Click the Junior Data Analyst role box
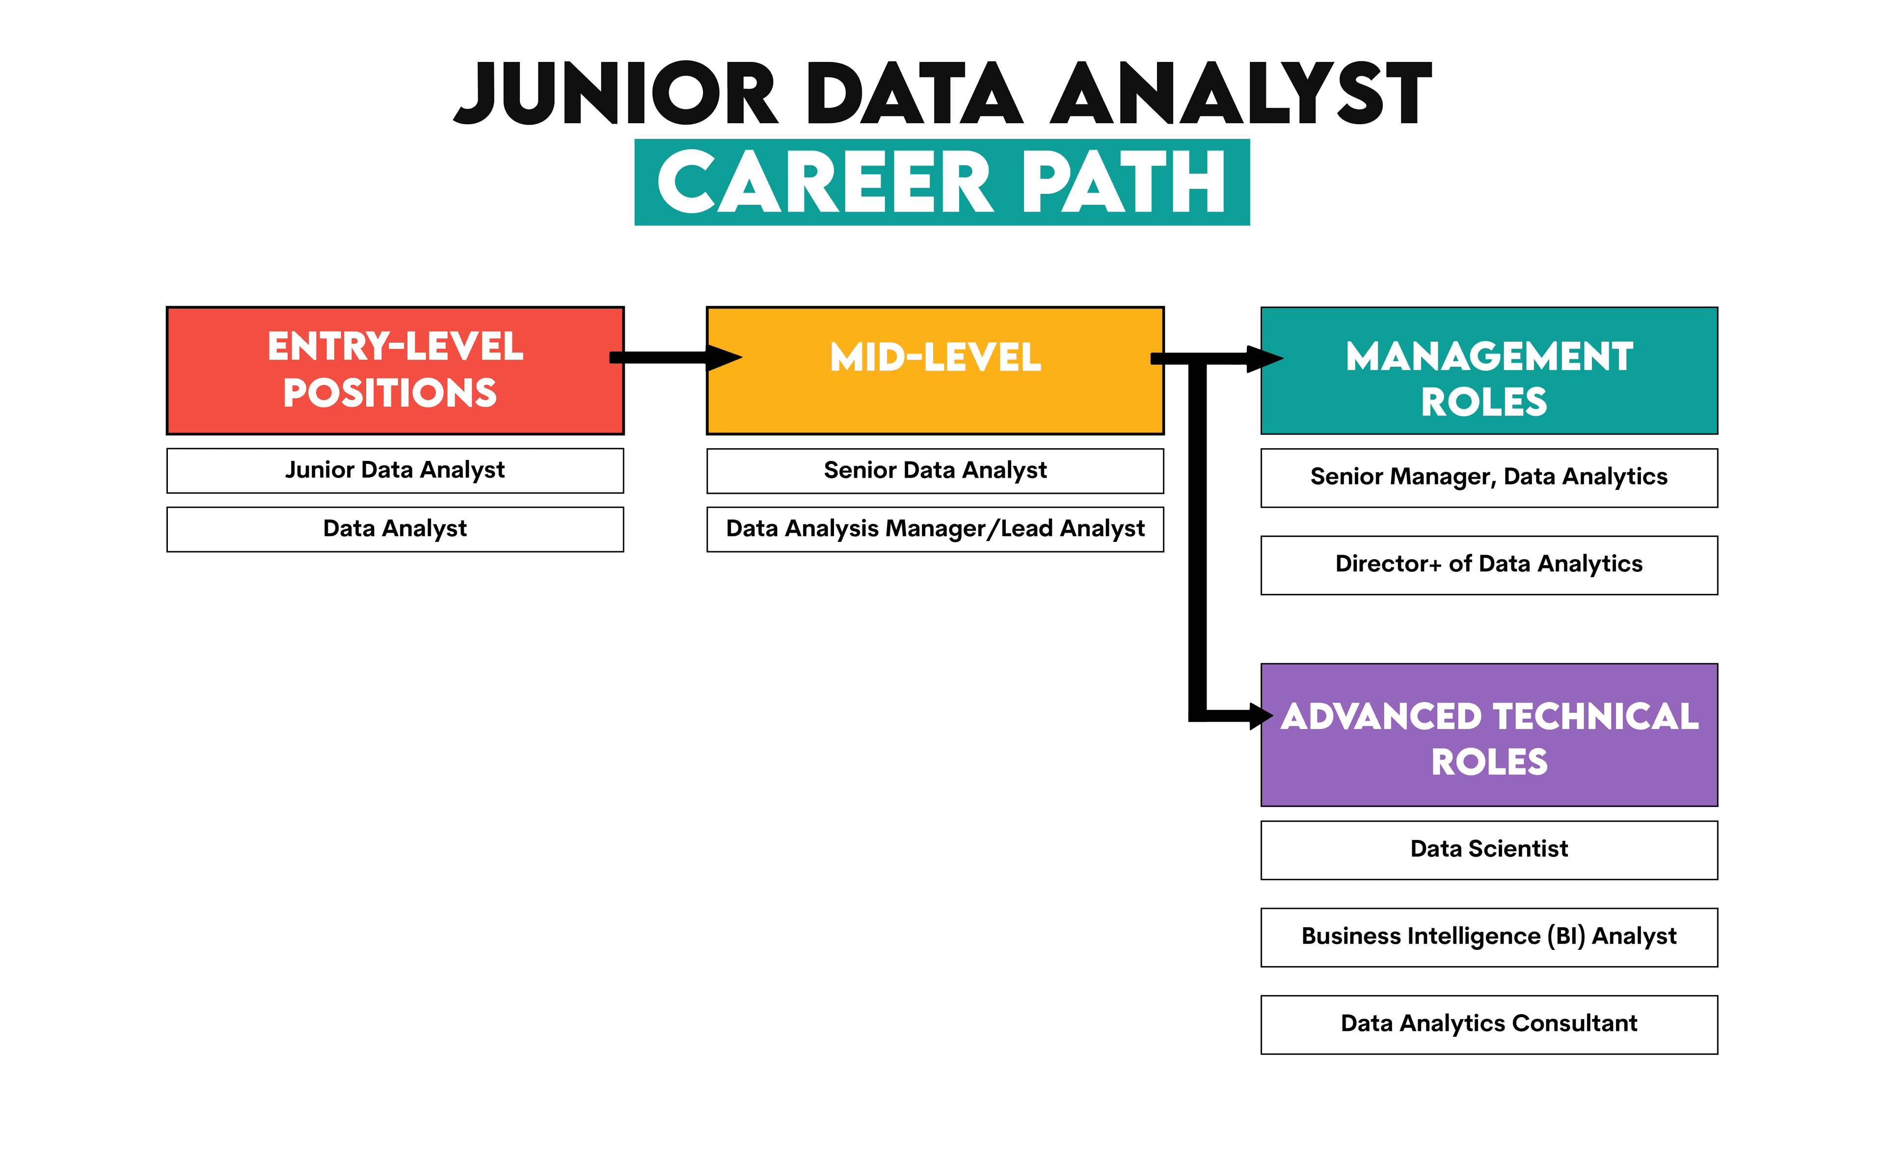click(x=395, y=470)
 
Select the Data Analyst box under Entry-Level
click(x=395, y=529)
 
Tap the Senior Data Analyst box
click(x=935, y=470)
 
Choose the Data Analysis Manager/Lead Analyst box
click(x=935, y=529)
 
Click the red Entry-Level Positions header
click(x=395, y=370)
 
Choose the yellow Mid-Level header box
click(x=935, y=370)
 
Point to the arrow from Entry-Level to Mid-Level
click(x=667, y=357)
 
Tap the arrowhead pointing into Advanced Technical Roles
click(x=1260, y=716)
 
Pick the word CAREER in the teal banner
click(x=825, y=183)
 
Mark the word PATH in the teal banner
click(x=1124, y=183)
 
